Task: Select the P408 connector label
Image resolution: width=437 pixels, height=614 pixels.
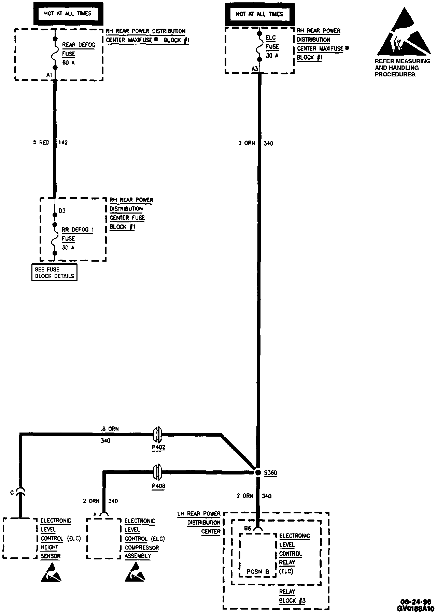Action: tap(158, 486)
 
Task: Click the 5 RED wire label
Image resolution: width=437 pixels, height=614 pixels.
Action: tap(41, 142)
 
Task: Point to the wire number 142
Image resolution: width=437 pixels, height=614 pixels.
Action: tap(63, 142)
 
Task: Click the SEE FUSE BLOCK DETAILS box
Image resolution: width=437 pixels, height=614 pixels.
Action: tap(54, 273)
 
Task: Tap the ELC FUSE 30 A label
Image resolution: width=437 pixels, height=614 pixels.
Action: tap(272, 46)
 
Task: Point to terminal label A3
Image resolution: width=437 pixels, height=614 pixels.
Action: tap(255, 69)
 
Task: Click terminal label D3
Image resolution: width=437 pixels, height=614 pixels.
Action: tap(62, 211)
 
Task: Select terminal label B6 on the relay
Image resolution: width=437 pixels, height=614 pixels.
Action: tap(248, 528)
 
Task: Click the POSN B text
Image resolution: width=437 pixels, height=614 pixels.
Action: tap(258, 572)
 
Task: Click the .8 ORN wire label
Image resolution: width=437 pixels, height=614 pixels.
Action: tap(110, 429)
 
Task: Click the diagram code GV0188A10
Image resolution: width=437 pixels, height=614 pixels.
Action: tap(415, 608)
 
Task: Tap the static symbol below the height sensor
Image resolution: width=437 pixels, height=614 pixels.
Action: tap(52, 573)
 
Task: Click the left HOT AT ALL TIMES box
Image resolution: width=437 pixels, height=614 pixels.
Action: tap(68, 14)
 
